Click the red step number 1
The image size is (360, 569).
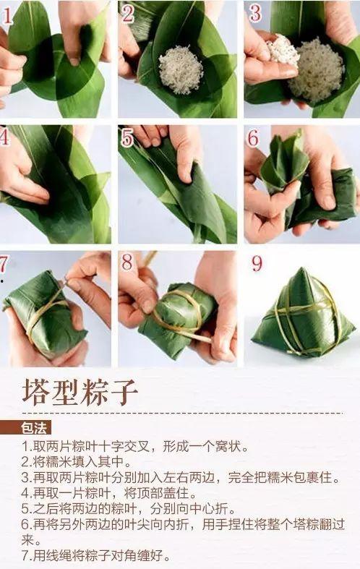pyautogui.click(x=7, y=15)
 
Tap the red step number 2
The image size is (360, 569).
pyautogui.click(x=128, y=14)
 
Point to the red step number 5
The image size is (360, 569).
pyautogui.click(x=127, y=138)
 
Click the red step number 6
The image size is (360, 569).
pyautogui.click(x=253, y=138)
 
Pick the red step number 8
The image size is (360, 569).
pyautogui.click(x=127, y=262)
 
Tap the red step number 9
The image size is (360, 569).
pyautogui.click(x=257, y=264)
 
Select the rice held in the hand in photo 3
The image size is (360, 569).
pyautogui.click(x=283, y=51)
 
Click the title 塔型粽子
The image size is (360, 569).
pyautogui.click(x=80, y=393)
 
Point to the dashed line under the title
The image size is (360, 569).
pyautogui.click(x=182, y=413)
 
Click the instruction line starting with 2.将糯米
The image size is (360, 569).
pyautogui.click(x=76, y=461)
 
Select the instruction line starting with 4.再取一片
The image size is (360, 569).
pyautogui.click(x=109, y=493)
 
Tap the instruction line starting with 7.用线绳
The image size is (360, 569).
pyautogui.click(x=96, y=555)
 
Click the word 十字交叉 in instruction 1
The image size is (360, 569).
pyautogui.click(x=124, y=445)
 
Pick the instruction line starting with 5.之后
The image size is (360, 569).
pyautogui.click(x=128, y=508)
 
